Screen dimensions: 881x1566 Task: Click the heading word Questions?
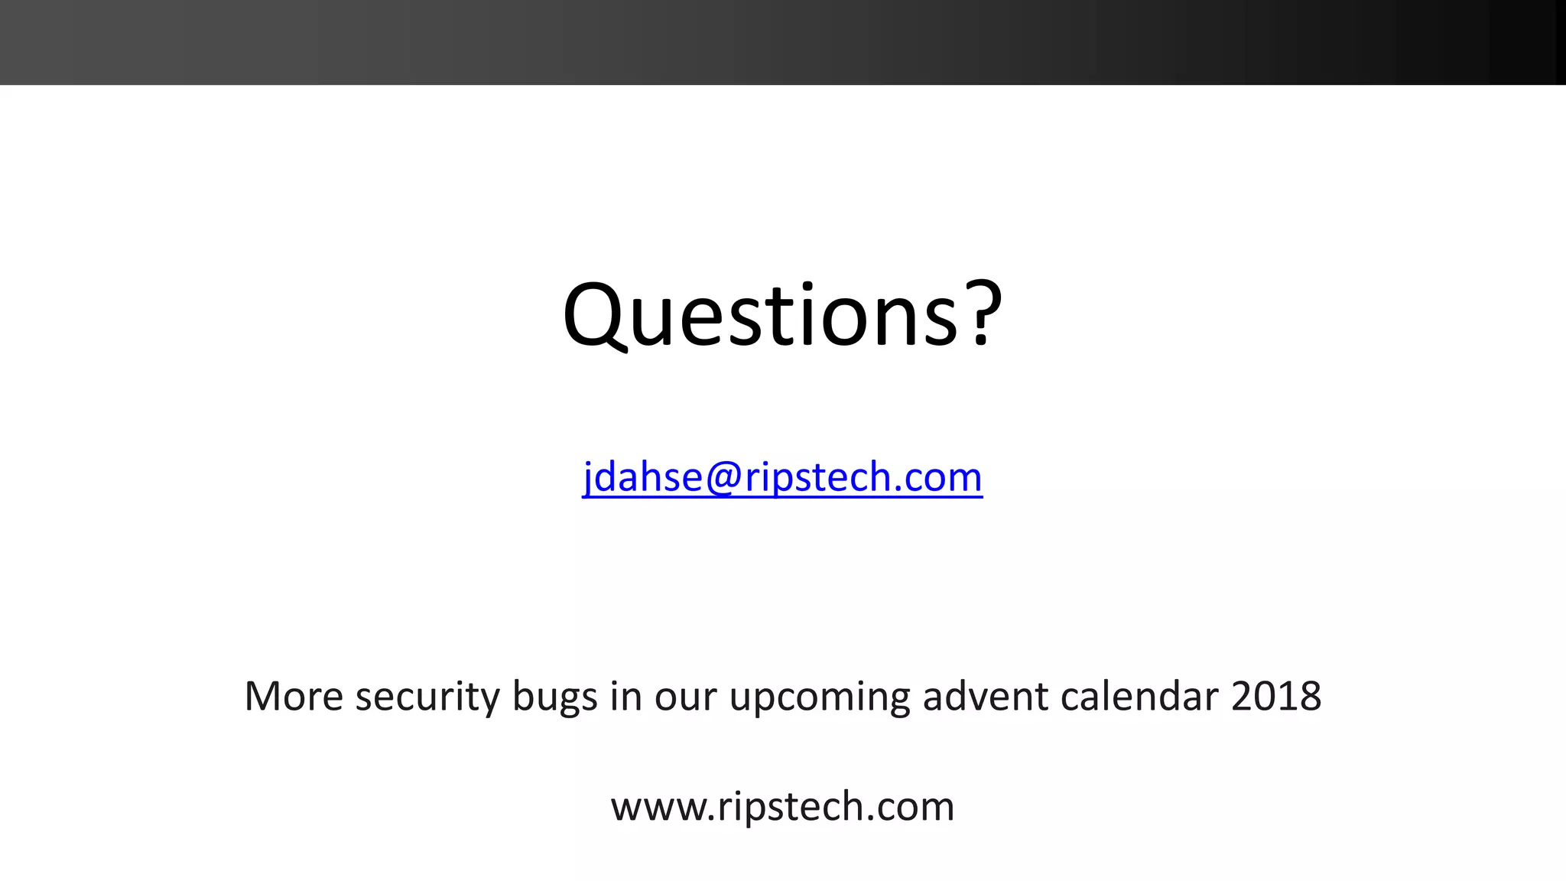pos(781,315)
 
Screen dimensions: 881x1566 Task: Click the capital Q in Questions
pos(595,315)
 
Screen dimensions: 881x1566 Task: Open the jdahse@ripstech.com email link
pos(782,477)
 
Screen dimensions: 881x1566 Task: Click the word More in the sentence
pos(294,696)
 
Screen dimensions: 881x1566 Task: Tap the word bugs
pos(554,697)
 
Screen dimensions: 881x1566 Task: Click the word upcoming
pos(819,697)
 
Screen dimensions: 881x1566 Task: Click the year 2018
pos(1276,696)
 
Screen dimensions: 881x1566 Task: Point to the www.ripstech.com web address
pos(782,807)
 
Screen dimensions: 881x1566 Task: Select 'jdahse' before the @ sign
pos(642,478)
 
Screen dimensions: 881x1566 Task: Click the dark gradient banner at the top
pos(783,42)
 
